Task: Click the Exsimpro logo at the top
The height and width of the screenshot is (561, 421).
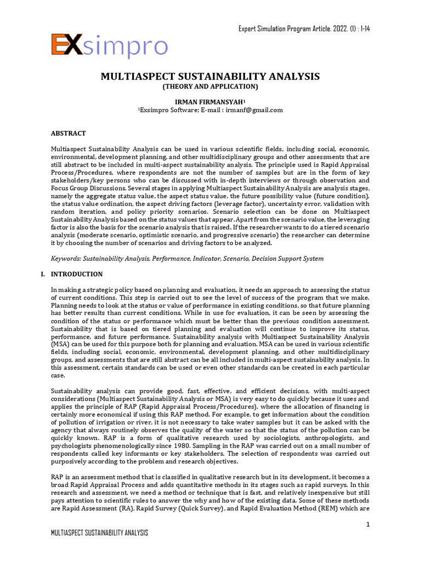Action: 109,45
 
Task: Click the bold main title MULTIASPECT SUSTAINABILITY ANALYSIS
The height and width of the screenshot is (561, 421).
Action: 210,76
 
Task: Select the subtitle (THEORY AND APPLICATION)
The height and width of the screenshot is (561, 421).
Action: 210,87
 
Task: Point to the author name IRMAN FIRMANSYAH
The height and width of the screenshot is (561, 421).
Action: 210,102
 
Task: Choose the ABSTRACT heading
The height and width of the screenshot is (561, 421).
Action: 69,133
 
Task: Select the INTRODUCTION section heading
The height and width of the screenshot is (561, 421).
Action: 76,274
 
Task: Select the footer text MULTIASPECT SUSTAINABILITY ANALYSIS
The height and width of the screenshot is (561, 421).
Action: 99,533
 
